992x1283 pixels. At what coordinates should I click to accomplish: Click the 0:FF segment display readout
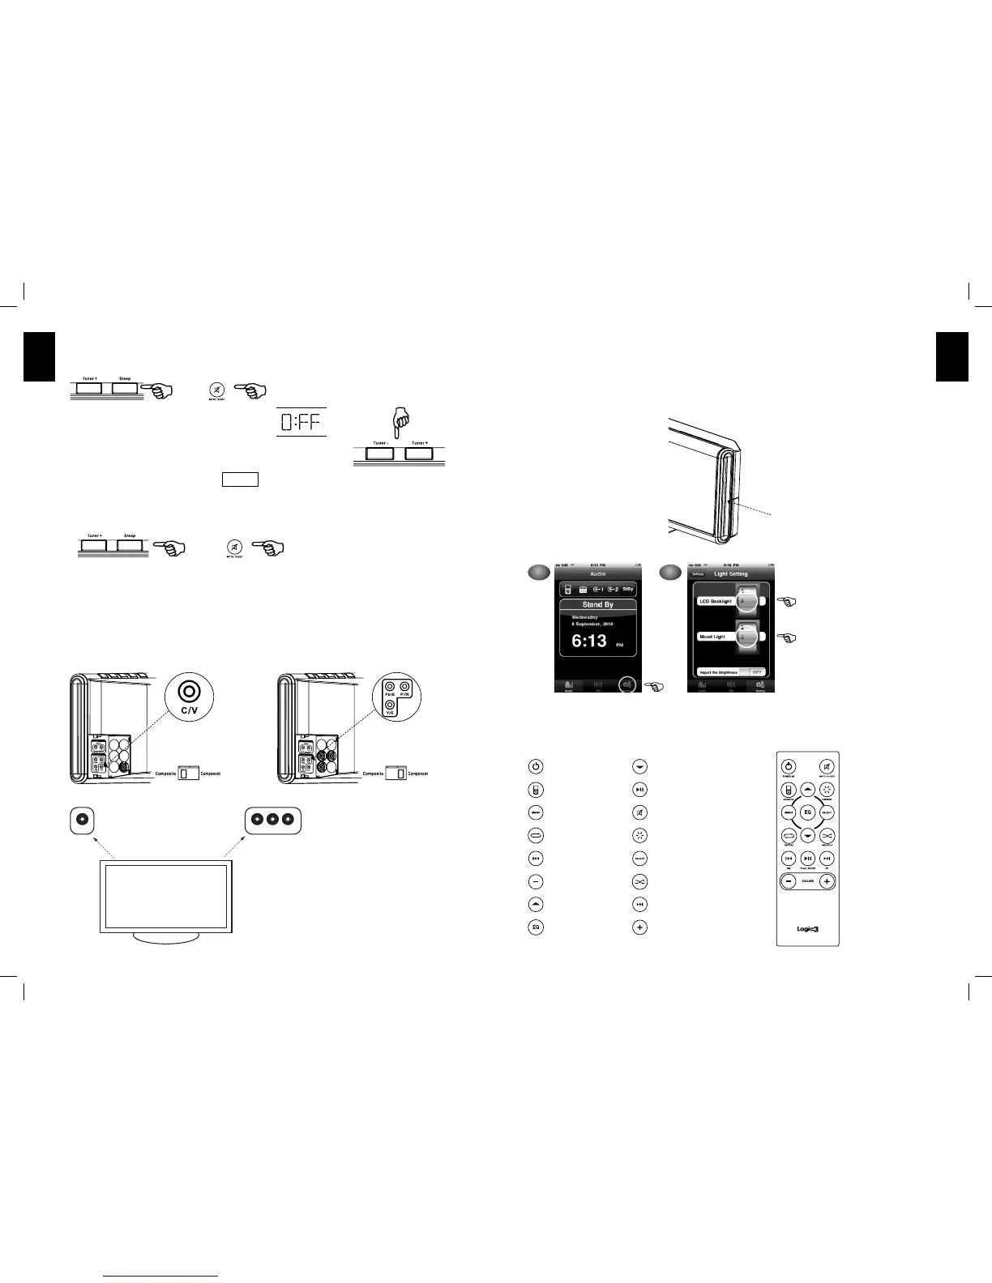301,422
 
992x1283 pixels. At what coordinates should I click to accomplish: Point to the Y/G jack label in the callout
391,713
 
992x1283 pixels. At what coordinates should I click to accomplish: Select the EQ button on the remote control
807,812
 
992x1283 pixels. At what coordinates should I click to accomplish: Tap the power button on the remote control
788,766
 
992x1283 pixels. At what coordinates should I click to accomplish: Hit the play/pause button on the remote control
808,859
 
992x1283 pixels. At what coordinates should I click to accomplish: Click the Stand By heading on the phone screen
597,605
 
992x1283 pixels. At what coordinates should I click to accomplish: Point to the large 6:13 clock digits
589,641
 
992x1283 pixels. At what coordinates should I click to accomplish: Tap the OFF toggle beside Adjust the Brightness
757,672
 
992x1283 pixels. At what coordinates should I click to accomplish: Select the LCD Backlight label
715,602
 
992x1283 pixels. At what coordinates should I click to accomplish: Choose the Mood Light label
712,637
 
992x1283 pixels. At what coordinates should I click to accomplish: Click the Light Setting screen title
731,574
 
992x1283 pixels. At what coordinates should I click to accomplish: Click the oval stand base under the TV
166,937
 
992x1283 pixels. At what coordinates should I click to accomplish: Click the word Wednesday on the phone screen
585,617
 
